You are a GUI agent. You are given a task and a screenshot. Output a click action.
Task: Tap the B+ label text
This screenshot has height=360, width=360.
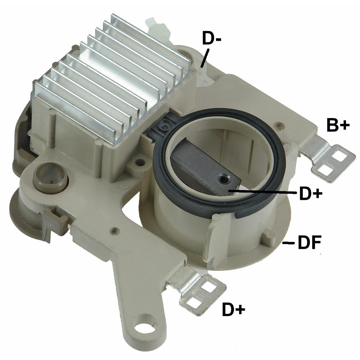(x=338, y=125)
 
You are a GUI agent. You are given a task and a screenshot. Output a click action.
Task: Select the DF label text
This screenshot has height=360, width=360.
(x=309, y=242)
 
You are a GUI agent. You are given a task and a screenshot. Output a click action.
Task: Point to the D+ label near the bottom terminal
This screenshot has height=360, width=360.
(x=234, y=309)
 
